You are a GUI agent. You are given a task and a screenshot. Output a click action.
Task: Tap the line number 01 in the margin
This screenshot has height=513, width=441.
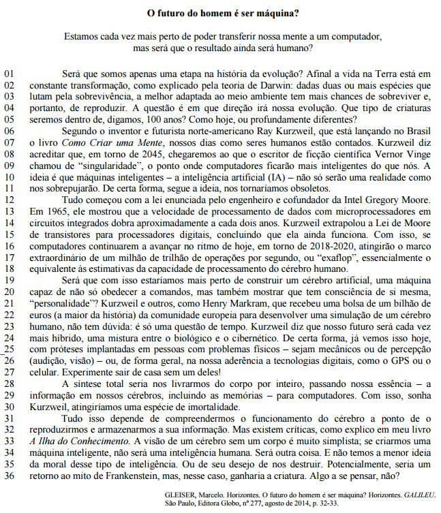pos(10,72)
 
